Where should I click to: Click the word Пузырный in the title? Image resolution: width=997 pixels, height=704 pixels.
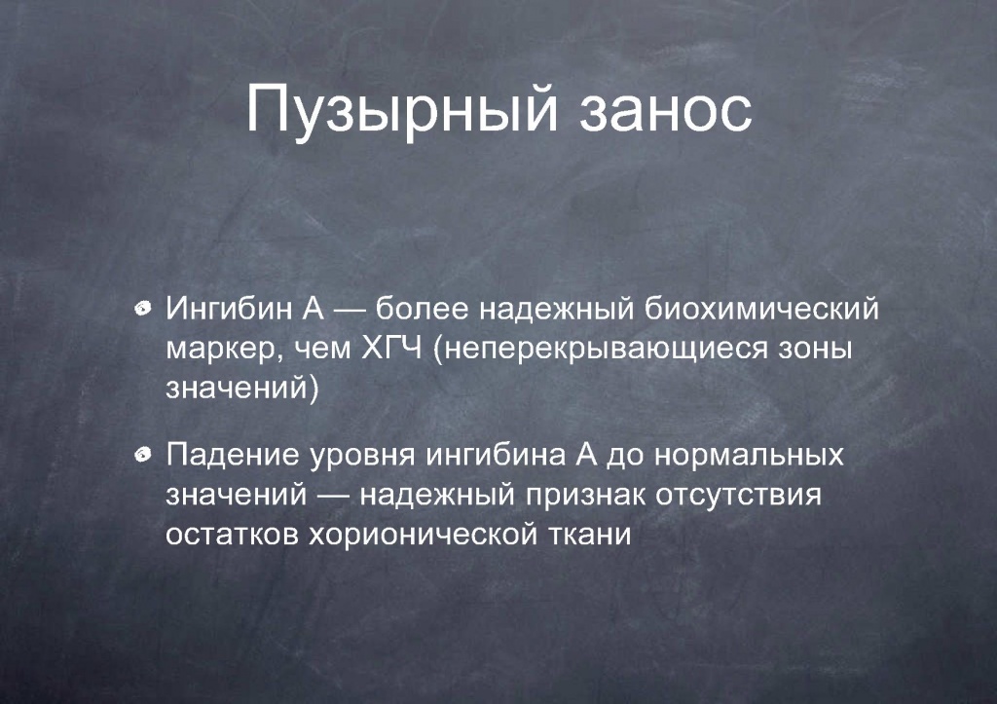(402, 109)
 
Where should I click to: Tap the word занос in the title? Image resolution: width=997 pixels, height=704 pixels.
(666, 110)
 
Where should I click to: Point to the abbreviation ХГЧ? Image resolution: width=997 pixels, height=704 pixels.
(391, 349)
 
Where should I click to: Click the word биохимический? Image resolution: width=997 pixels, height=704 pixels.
(761, 309)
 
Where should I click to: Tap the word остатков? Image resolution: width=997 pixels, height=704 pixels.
(232, 536)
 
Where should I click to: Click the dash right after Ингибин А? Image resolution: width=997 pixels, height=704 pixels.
(350, 311)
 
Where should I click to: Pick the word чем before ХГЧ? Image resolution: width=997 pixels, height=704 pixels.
(322, 351)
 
